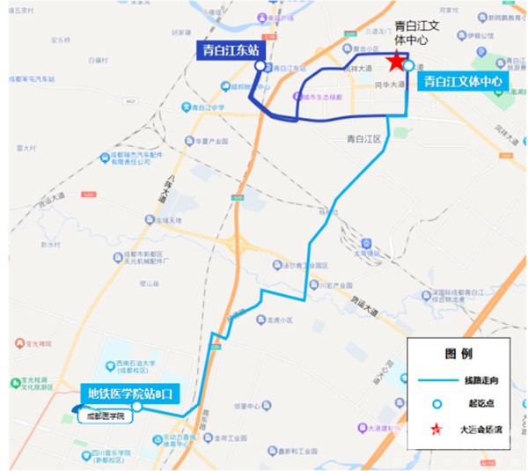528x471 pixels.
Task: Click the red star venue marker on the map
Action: (x=397, y=61)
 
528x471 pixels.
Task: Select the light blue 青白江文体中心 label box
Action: (x=463, y=82)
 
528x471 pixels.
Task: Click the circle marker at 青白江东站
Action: (x=259, y=65)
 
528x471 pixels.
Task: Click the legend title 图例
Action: (x=459, y=354)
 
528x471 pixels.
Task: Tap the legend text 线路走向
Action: (x=480, y=380)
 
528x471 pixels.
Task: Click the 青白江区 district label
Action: (x=363, y=139)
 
